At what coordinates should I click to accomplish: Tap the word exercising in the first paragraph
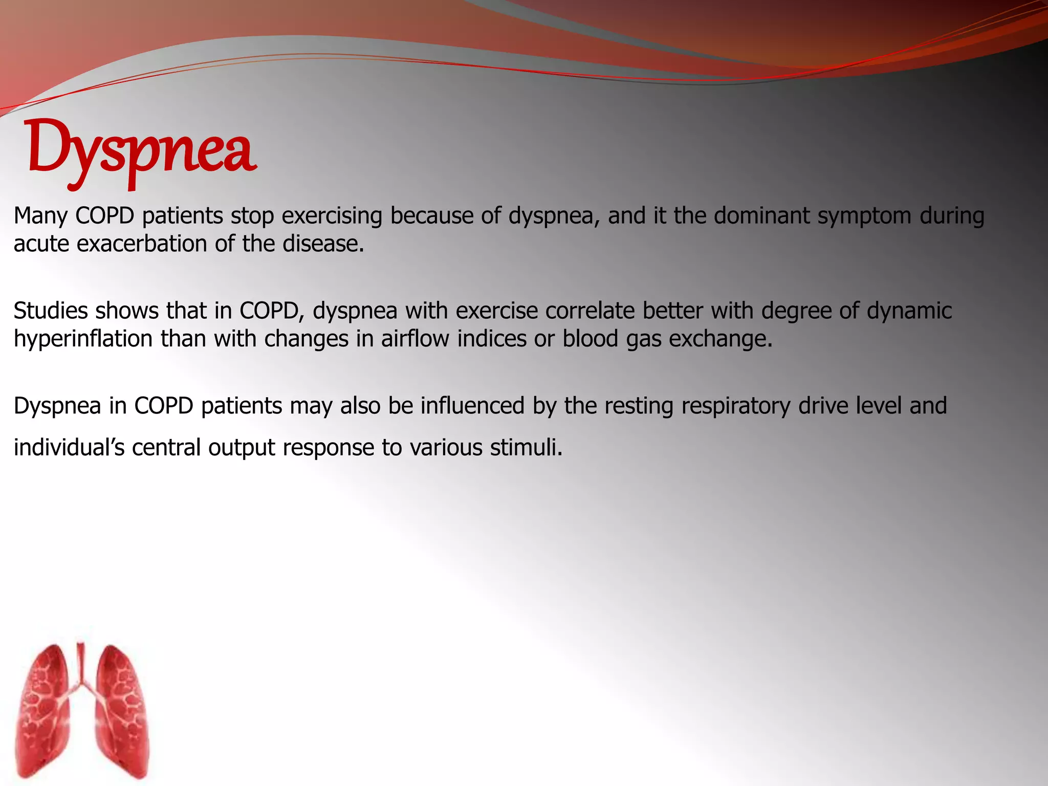(x=332, y=216)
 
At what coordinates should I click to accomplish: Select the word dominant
(x=761, y=216)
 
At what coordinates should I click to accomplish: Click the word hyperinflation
(x=83, y=339)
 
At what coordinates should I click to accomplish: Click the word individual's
(x=69, y=448)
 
